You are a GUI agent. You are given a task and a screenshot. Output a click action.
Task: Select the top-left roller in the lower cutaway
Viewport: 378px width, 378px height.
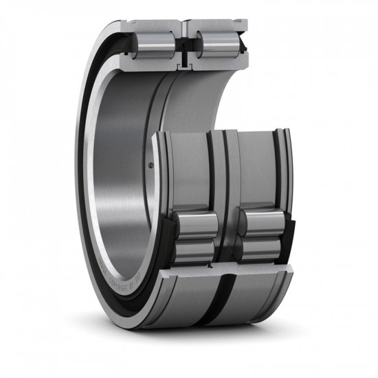click(194, 223)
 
